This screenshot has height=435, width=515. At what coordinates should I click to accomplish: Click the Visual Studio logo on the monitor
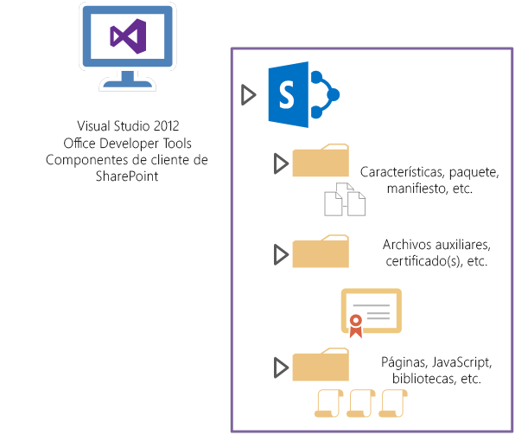(128, 36)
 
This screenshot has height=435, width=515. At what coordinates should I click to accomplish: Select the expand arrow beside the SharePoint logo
(249, 94)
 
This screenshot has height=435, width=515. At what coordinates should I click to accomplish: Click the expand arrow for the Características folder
(279, 163)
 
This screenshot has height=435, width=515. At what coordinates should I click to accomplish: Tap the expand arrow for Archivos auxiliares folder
(279, 254)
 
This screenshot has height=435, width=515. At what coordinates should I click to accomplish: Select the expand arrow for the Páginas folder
(279, 368)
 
